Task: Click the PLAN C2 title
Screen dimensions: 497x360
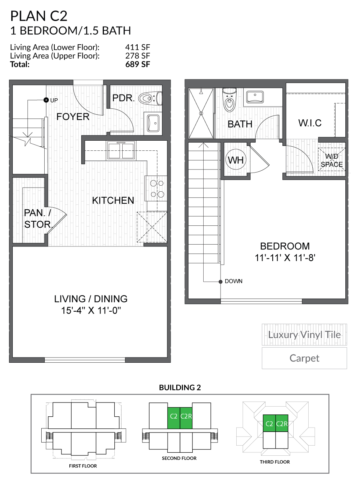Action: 39,16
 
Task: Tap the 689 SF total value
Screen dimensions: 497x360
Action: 137,64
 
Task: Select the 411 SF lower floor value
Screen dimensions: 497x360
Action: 137,47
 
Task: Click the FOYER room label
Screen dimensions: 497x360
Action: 73,117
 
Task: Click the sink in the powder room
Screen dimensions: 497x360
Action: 153,122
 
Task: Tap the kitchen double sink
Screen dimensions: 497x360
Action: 121,151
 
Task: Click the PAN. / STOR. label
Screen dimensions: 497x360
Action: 37,219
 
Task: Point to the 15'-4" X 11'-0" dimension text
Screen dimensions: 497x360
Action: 91,311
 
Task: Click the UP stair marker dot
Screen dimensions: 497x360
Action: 46,100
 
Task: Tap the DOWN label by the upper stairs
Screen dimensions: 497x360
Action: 233,281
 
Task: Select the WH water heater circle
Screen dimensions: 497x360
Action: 235,160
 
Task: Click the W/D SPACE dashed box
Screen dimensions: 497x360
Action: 331,160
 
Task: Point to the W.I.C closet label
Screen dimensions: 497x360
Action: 310,123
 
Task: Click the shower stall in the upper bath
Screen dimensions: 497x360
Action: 201,113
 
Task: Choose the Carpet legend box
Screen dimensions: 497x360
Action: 304,358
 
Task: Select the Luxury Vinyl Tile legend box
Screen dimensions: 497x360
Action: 304,335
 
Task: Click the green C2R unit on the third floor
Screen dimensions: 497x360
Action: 282,423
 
